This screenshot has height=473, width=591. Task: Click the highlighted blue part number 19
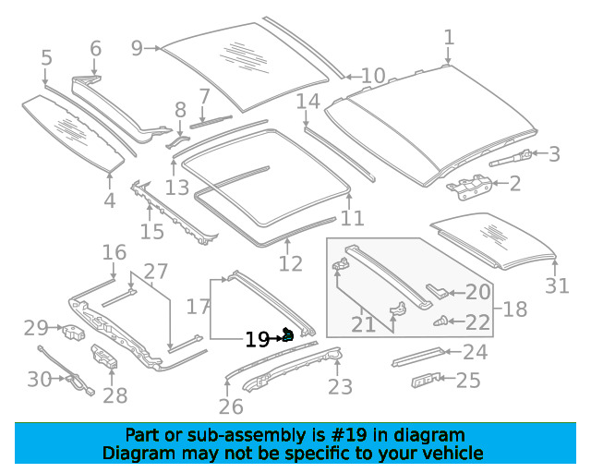coord(288,334)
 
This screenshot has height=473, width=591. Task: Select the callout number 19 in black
coord(257,340)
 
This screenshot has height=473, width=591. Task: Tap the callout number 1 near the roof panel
coord(448,38)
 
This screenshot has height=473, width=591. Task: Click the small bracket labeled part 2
coord(469,187)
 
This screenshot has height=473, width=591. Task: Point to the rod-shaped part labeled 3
coord(510,158)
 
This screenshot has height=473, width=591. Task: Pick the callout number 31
coord(557,285)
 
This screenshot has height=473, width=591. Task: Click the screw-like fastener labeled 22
coord(440,321)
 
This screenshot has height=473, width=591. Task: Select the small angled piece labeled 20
coord(437,290)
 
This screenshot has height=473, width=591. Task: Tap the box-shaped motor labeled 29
coord(74,333)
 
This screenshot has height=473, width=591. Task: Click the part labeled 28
coord(104,356)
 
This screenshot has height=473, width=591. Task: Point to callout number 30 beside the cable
coord(39,379)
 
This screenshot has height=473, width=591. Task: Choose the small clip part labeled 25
coord(426,381)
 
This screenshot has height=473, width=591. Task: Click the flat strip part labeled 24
coord(418,357)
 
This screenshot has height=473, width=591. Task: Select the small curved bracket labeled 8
coord(177,141)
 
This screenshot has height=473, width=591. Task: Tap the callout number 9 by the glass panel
coord(137,48)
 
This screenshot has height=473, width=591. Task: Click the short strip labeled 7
coord(211,121)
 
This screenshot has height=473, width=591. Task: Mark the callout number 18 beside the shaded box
coord(515,309)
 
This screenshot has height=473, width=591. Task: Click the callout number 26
coord(231,406)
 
